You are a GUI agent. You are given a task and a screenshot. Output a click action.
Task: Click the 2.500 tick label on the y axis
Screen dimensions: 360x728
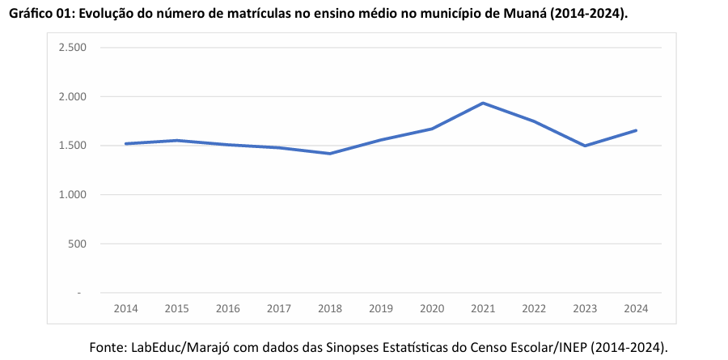pyautogui.click(x=73, y=48)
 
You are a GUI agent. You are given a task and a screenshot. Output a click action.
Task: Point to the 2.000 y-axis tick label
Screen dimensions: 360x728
pyautogui.click(x=73, y=97)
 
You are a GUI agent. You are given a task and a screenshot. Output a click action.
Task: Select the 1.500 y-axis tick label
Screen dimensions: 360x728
pyautogui.click(x=73, y=146)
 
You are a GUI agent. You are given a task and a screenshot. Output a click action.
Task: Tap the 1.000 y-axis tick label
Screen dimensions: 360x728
pyautogui.click(x=73, y=195)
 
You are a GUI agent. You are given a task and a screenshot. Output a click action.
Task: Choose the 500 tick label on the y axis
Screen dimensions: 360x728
pyautogui.click(x=78, y=244)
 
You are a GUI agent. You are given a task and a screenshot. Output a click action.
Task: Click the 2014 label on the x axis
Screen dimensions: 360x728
pyautogui.click(x=125, y=308)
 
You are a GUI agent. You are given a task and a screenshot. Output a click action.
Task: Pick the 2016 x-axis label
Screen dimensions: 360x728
pyautogui.click(x=228, y=308)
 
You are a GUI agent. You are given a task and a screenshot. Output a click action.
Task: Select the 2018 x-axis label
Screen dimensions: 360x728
pyautogui.click(x=330, y=308)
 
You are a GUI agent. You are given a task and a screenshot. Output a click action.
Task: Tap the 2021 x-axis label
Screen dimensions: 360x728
pyautogui.click(x=483, y=308)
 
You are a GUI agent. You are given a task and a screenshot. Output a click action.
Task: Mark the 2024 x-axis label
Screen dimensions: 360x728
pyautogui.click(x=636, y=308)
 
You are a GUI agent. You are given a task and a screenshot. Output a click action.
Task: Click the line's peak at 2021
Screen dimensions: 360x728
pyautogui.click(x=483, y=103)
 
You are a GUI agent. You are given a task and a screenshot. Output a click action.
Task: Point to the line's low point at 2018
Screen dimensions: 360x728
pyautogui.click(x=330, y=154)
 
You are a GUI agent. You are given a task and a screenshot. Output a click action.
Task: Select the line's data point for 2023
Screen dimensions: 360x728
pyautogui.click(x=585, y=146)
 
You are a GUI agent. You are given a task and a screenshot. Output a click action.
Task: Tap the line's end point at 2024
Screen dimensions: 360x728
pyautogui.click(x=636, y=130)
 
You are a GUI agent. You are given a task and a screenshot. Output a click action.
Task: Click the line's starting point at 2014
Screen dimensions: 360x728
pyautogui.click(x=125, y=144)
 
